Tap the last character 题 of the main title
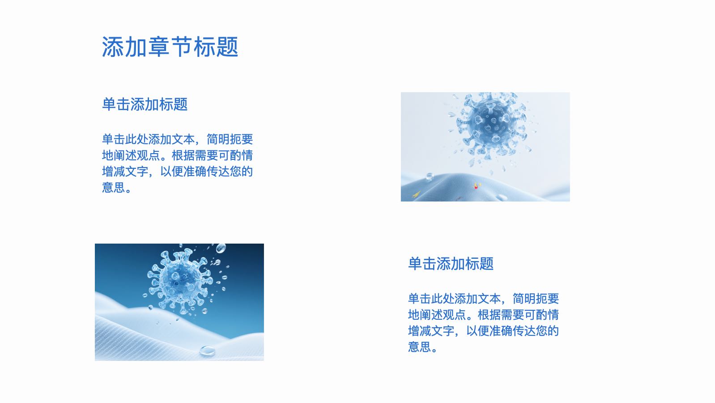(227, 47)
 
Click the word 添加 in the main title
(124, 47)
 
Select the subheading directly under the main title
(145, 104)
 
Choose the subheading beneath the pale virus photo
(451, 264)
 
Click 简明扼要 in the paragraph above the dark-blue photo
(230, 139)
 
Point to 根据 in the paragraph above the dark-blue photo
(183, 155)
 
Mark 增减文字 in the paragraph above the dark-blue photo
(125, 171)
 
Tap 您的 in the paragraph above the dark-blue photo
(242, 171)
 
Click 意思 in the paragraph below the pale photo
(419, 347)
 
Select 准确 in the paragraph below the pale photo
(501, 331)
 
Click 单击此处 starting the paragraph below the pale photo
(431, 299)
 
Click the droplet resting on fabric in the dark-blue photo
(207, 351)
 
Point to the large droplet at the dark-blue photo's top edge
(221, 248)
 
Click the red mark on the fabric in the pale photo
(476, 186)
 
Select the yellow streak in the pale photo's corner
(416, 194)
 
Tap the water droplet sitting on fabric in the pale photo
(430, 176)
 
